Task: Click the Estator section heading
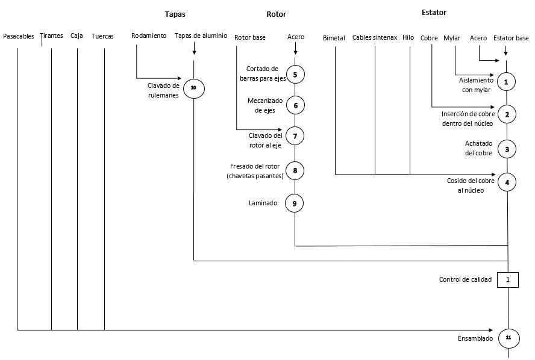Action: click(434, 13)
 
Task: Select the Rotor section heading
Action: click(276, 14)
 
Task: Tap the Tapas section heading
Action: click(175, 14)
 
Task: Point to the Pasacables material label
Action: click(19, 36)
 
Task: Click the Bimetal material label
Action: click(334, 38)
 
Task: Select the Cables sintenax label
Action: click(375, 38)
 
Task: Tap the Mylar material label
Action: click(452, 38)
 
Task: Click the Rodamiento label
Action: click(149, 36)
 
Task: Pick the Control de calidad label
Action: click(465, 279)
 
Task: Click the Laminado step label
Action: click(263, 203)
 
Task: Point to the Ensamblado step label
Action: click(475, 338)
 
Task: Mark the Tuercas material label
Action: click(102, 36)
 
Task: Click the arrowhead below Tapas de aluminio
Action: click(194, 52)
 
